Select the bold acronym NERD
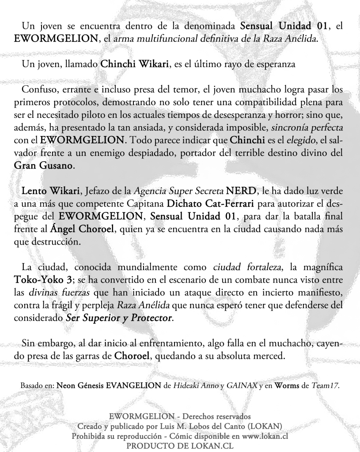point(241,192)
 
